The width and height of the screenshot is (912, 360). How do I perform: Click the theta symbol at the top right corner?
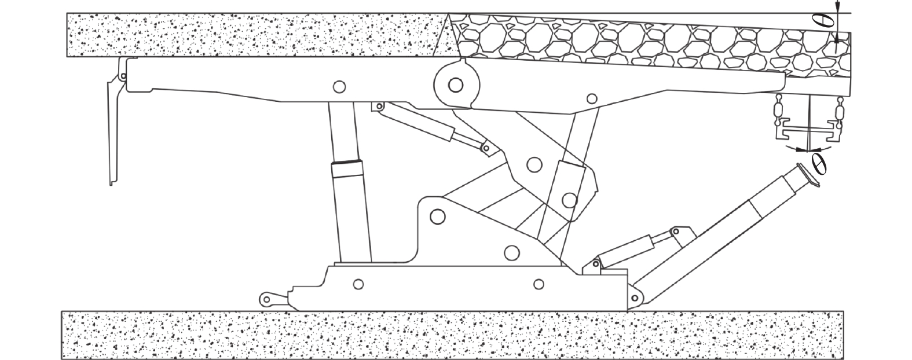coord(829,20)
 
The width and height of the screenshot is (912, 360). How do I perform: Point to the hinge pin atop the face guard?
coord(123,76)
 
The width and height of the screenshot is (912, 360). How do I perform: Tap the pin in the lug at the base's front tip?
coord(266,300)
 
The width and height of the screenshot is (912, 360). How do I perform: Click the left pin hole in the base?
coord(358,284)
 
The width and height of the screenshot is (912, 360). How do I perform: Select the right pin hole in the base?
coord(539,284)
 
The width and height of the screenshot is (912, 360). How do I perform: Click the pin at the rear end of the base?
coord(634,298)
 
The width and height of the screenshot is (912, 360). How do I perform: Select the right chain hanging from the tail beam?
coord(839,112)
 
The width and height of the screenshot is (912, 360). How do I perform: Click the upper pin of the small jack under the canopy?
coord(379,106)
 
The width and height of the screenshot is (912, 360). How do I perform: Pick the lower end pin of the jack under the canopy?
coord(486,148)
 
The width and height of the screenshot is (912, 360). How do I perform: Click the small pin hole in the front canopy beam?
coord(339,87)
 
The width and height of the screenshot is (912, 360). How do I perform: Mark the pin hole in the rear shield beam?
coord(592,98)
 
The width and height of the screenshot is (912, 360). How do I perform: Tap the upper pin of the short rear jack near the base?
coord(676,232)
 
